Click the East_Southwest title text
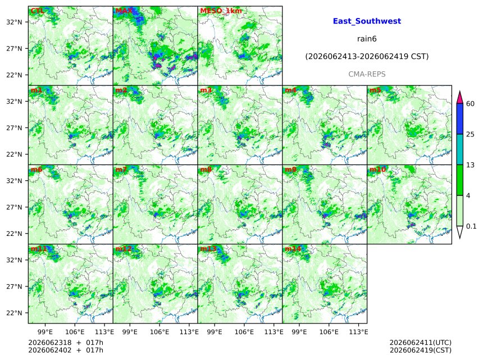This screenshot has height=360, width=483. click(367, 21)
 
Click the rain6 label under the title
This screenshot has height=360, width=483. click(367, 39)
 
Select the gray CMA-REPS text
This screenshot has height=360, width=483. click(367, 74)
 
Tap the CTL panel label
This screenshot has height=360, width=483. click(37, 11)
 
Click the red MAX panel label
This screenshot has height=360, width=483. click(124, 11)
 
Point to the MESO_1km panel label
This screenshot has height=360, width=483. click(221, 11)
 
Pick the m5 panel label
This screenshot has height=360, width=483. click(375, 90)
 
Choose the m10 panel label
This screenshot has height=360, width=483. click(377, 170)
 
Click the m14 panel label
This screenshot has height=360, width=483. click(293, 249)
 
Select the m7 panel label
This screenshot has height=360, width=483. click(121, 170)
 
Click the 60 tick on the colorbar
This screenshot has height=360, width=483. click(470, 103)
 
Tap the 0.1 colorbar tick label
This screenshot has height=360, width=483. click(471, 226)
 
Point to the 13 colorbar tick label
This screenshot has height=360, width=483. click(470, 165)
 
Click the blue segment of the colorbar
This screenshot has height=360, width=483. click(459, 119)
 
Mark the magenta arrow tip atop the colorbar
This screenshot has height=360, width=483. click(459, 91)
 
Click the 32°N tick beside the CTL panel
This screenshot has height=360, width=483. click(14, 22)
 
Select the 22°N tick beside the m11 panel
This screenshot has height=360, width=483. click(14, 313)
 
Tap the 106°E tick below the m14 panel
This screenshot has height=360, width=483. click(329, 332)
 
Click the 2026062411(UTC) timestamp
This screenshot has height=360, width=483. click(421, 343)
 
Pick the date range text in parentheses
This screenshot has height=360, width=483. click(367, 57)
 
